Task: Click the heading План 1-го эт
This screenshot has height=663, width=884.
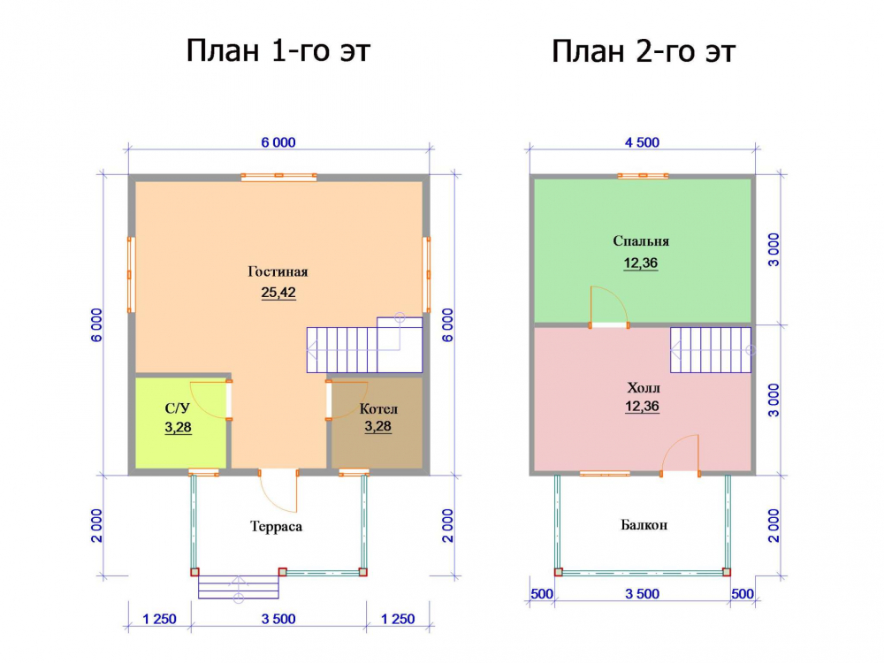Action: (x=278, y=51)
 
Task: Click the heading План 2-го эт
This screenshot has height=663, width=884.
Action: (x=644, y=51)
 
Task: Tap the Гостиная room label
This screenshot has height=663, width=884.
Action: (x=278, y=271)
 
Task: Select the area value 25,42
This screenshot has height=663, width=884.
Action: (x=278, y=293)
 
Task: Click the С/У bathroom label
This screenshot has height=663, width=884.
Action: (x=177, y=408)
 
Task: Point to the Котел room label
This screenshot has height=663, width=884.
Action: (x=378, y=408)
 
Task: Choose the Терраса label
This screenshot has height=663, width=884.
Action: (x=276, y=527)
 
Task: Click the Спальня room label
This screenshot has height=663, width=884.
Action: (x=641, y=241)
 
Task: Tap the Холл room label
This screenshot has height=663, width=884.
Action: (x=644, y=388)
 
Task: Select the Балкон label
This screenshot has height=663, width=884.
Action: (x=644, y=525)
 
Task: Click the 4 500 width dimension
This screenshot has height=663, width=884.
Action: (x=642, y=142)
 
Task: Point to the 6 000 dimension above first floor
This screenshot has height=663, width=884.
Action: (x=278, y=142)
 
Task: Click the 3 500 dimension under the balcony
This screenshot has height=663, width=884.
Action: (x=642, y=594)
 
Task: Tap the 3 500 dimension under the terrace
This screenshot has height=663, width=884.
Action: (x=278, y=619)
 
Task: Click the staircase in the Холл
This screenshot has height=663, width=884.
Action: (x=711, y=350)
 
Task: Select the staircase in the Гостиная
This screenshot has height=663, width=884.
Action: (x=365, y=345)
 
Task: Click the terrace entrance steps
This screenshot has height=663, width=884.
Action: (x=239, y=586)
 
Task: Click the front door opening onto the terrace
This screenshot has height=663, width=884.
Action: (x=278, y=491)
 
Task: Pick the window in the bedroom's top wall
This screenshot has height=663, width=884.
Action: (x=644, y=176)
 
